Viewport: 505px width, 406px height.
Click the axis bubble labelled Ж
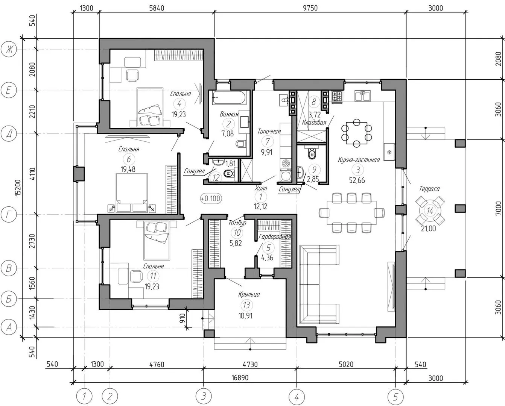click(9, 49)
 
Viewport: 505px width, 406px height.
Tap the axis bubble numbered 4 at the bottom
click(297, 397)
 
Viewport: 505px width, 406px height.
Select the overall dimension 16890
click(240, 378)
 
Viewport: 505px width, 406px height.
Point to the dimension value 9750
click(310, 8)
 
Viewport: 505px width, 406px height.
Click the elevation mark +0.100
click(211, 198)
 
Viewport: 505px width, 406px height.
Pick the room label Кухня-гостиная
click(359, 160)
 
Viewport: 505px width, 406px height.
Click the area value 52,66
click(357, 180)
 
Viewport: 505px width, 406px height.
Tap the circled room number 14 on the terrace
click(430, 211)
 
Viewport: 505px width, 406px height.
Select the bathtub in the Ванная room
click(229, 97)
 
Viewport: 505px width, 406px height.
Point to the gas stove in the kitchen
click(337, 97)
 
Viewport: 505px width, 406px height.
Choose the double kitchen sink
click(362, 95)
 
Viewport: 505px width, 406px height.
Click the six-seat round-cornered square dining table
click(357, 133)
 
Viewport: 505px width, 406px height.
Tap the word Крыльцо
click(249, 294)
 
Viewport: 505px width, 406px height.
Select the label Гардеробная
click(275, 237)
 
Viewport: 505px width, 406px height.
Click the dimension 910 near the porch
click(183, 318)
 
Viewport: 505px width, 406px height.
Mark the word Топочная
click(269, 131)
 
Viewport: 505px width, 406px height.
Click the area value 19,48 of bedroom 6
click(128, 169)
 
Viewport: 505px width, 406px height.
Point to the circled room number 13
click(246, 305)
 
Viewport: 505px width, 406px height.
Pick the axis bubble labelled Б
click(9, 299)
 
